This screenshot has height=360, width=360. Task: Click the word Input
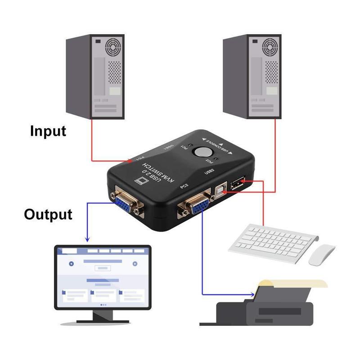[x=48, y=131]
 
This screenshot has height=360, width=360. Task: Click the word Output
[x=48, y=214]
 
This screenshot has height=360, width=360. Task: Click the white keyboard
[x=273, y=243]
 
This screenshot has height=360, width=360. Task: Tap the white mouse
[x=322, y=254]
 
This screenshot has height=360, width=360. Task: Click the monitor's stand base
[x=103, y=320]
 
